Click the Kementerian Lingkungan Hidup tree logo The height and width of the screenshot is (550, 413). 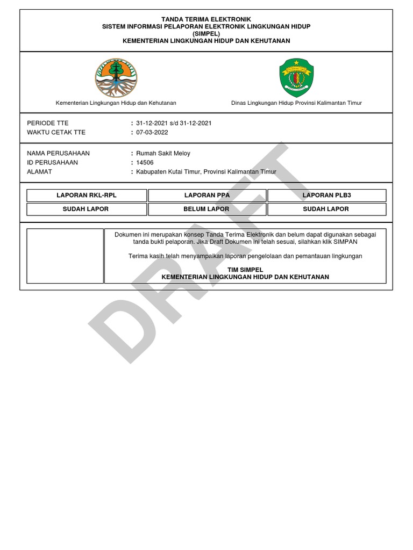coord(116,78)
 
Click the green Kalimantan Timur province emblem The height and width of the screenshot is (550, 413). coord(296,78)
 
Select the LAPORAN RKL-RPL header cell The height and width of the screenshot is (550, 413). coord(87,195)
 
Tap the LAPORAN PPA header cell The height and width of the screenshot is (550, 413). coord(206,195)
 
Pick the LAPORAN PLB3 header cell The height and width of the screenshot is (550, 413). coord(326,195)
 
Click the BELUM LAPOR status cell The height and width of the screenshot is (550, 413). coord(206,209)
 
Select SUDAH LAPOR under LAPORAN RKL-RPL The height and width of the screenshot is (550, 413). coord(87,209)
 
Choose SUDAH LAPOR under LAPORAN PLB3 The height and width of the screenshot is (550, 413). coord(326,209)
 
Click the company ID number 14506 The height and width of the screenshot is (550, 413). coord(145,162)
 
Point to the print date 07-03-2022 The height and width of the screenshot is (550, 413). coord(152,132)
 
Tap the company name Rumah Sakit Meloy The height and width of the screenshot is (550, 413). coord(163,153)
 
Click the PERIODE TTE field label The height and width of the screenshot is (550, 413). coord(48,123)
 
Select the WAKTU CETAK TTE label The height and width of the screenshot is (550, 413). coord(56,132)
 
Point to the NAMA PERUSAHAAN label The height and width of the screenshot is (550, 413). coord(58,153)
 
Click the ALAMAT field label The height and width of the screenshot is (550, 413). coord(39,171)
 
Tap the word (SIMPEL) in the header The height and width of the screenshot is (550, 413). coord(206,33)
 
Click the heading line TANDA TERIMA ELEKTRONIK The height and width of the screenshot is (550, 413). coord(206,19)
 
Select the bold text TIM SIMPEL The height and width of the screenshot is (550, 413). coord(245,270)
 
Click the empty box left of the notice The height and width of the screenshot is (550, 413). coord(65,256)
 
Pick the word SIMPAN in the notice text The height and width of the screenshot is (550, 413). coord(345,242)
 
